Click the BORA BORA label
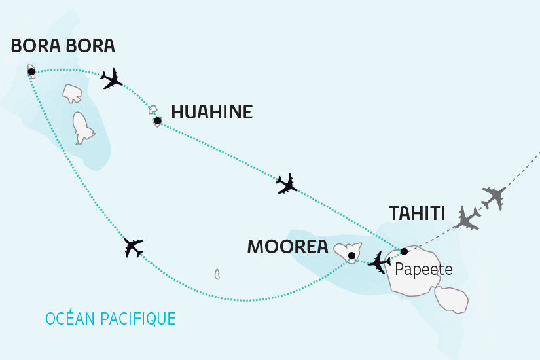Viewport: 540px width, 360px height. (63, 46)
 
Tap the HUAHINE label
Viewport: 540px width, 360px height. (211, 112)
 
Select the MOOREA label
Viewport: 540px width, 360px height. (287, 247)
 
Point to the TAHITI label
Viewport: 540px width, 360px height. (417, 213)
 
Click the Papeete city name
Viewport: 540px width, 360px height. (423, 269)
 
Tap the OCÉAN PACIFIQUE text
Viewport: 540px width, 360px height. (111, 319)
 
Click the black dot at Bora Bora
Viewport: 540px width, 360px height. (31, 71)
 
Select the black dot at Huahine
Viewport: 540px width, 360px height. (157, 120)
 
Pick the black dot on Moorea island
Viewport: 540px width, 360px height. (351, 255)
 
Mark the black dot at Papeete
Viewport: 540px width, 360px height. (404, 251)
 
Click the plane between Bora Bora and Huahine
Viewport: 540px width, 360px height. (112, 79)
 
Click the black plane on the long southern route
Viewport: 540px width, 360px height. (134, 247)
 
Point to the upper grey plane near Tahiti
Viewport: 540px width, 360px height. (494, 196)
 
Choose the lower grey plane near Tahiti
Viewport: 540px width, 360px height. (469, 219)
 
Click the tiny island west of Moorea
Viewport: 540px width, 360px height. (217, 274)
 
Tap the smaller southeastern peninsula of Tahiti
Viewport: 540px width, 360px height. (451, 298)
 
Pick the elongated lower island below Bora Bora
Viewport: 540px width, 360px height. (82, 127)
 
